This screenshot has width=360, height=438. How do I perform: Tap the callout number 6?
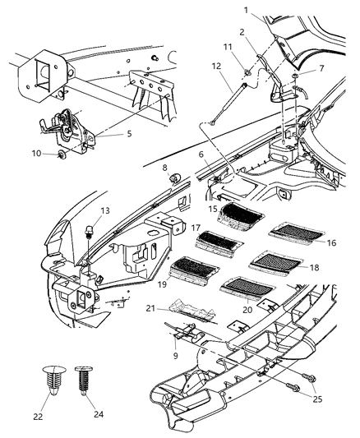202,154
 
